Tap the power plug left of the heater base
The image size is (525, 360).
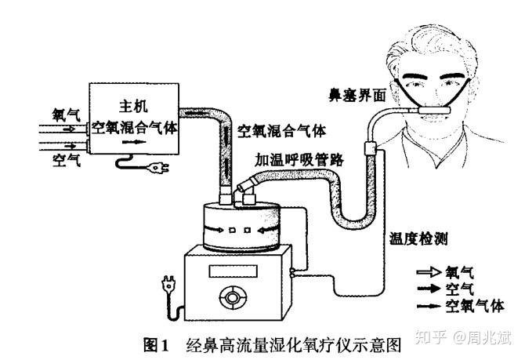[x=168, y=282]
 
